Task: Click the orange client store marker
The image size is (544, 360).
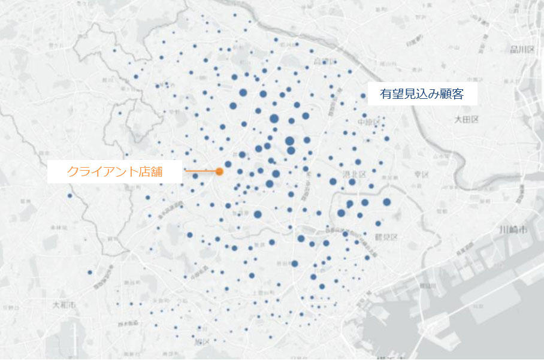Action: tap(219, 171)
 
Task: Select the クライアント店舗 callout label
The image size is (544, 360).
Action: tap(116, 172)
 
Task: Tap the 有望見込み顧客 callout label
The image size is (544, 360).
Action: tap(422, 94)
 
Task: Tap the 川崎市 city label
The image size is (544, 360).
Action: tap(513, 230)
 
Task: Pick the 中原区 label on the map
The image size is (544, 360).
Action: tap(369, 123)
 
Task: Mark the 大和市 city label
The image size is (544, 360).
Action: tap(64, 305)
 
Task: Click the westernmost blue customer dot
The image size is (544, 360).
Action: tap(69, 195)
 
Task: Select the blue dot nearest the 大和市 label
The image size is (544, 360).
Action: tap(90, 273)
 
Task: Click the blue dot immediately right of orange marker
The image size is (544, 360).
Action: tap(228, 164)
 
